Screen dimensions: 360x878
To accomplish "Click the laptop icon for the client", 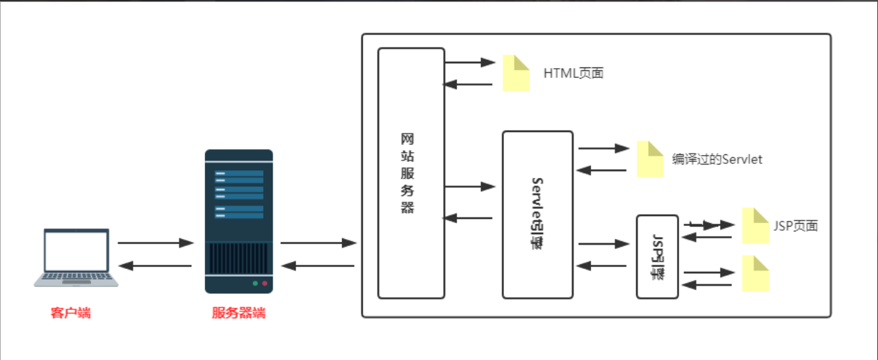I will [76, 256].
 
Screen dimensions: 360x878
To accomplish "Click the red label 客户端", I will [70, 313].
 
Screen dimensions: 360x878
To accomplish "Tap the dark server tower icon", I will [238, 221].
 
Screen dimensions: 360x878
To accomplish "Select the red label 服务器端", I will [238, 313].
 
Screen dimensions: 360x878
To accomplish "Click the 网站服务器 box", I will [411, 173].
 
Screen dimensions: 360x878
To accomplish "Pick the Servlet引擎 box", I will [537, 214].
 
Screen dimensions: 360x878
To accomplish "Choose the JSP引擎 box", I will [657, 256].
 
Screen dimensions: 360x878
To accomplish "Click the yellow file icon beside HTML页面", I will [516, 72].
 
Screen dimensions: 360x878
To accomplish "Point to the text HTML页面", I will [574, 73].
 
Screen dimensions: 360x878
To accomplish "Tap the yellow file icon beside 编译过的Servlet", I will [650, 159].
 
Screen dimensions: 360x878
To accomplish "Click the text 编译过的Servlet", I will [717, 159].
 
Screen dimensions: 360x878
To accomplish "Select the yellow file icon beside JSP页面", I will [755, 225].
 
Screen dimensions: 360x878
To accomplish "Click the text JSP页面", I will [795, 226].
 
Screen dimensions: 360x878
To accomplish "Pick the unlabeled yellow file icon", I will [755, 272].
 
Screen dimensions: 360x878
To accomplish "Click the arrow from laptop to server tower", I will [155, 243].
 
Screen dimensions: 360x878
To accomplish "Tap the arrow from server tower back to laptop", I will [155, 265].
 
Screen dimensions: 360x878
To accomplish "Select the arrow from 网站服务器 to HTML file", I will [469, 62].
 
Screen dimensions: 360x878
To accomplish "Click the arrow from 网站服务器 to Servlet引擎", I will [469, 186].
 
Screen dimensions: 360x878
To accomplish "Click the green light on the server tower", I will [255, 284].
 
